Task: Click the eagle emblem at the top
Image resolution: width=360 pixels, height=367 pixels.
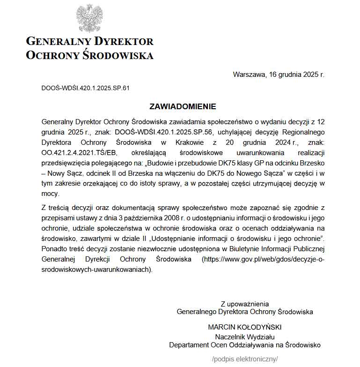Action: point(89,18)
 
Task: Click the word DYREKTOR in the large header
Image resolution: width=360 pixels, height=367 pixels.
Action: point(124,41)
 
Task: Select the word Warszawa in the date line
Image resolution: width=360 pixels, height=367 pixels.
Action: point(248,75)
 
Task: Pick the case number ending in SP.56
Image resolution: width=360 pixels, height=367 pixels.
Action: point(171,132)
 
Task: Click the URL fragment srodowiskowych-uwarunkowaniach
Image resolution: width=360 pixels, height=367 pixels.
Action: point(96,269)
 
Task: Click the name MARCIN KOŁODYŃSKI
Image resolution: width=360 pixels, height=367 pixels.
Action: point(244,327)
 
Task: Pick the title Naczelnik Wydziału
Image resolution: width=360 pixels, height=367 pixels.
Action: point(244,337)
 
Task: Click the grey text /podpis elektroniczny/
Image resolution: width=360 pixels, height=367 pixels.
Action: point(245,359)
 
